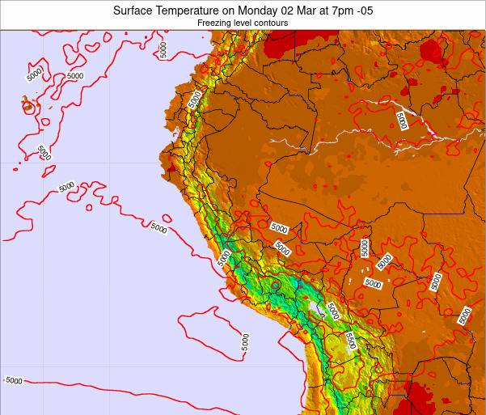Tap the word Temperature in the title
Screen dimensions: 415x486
coord(193,11)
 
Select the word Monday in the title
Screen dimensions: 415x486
coord(266,11)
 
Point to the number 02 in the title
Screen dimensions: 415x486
coord(298,11)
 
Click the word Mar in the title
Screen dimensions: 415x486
coord(318,11)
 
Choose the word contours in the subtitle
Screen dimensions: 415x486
coord(273,23)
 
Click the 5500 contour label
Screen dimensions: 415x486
coord(349,341)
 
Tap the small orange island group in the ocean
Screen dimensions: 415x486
coord(28,105)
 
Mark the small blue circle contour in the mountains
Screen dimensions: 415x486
coord(276,285)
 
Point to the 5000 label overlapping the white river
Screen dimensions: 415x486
coord(402,121)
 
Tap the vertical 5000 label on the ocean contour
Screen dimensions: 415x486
coord(245,341)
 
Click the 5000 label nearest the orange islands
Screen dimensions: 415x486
coord(34,74)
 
